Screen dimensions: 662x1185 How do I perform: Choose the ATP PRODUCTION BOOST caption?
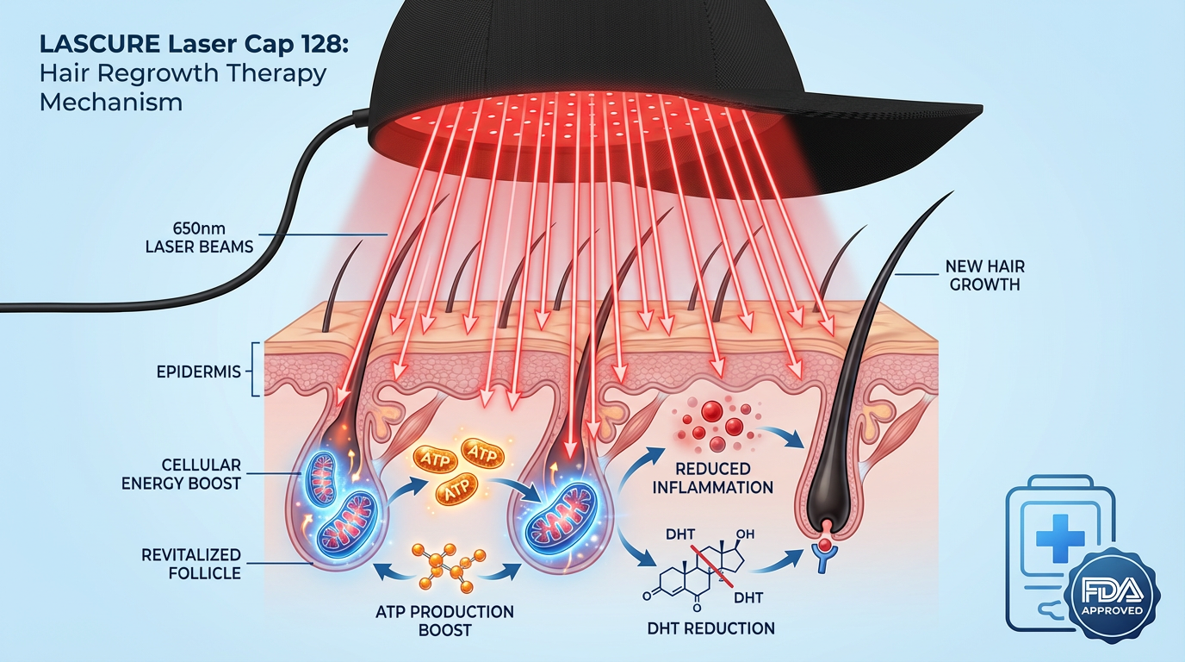(444, 621)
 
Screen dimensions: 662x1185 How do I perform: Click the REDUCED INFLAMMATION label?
(713, 478)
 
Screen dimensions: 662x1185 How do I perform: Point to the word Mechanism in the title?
(111, 101)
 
